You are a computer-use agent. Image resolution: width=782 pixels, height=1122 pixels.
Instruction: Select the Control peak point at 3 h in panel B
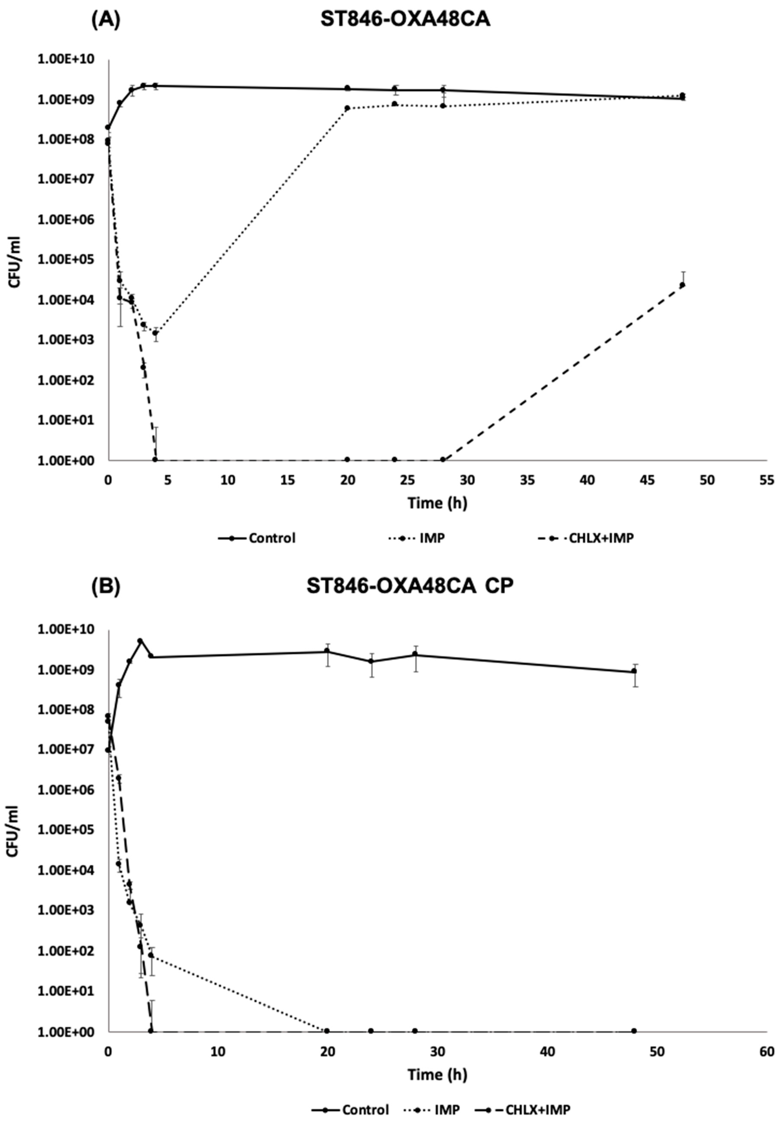point(140,641)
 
